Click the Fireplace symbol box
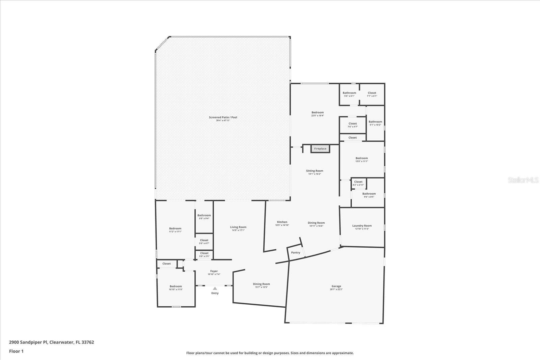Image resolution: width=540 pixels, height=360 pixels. (x=320, y=148)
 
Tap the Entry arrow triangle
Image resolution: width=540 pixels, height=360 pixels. (x=215, y=288)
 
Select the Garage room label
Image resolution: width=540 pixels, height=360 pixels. (x=336, y=286)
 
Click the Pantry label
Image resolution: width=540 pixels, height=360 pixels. (x=296, y=252)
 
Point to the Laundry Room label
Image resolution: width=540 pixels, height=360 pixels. (x=362, y=226)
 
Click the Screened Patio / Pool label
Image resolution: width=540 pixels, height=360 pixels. (x=223, y=117)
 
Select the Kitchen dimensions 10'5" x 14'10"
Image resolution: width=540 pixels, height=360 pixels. (x=282, y=225)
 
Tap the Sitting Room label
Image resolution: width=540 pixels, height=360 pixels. (x=315, y=171)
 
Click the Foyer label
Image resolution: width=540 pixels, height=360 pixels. (x=214, y=271)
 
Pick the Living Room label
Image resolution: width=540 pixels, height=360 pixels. (x=238, y=227)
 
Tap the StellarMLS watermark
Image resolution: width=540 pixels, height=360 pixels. (x=523, y=180)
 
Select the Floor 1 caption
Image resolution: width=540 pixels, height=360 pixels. (x=16, y=351)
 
